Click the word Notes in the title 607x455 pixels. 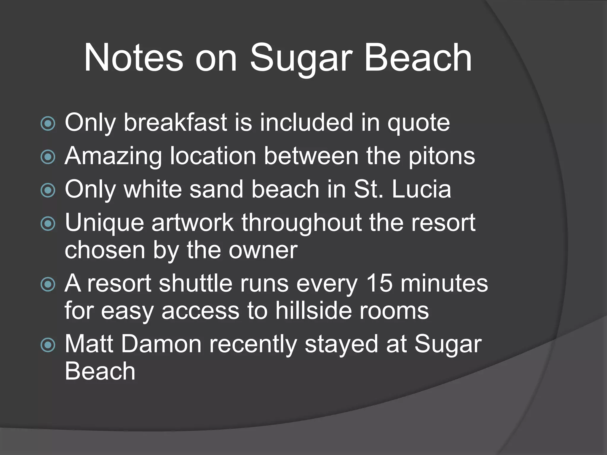tap(133, 58)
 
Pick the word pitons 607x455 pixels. tap(442, 156)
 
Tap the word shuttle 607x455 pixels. tap(195, 283)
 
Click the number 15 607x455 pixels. tap(379, 283)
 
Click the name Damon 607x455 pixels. tap(161, 344)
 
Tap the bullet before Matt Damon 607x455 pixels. tap(48, 345)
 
